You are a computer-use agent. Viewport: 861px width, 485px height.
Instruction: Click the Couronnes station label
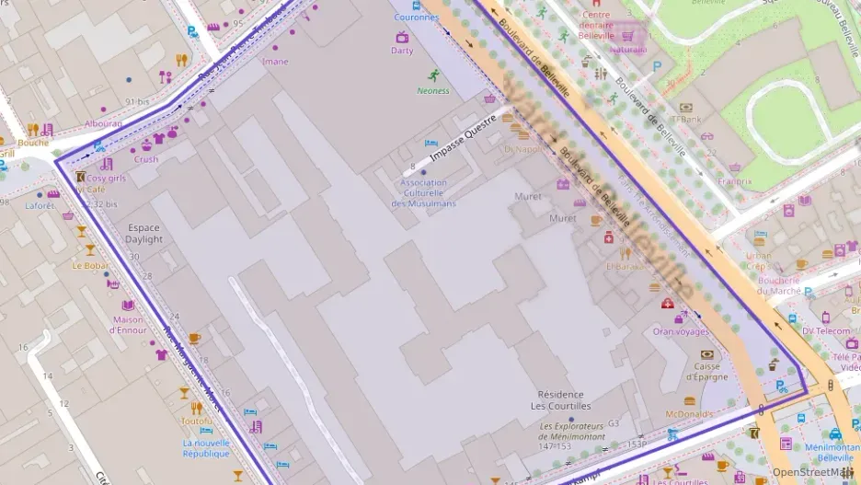(x=416, y=17)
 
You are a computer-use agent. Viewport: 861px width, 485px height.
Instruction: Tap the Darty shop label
(x=402, y=51)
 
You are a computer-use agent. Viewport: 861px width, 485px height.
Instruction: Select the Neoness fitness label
(x=433, y=90)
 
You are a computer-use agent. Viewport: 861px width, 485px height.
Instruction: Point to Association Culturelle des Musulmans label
(x=424, y=192)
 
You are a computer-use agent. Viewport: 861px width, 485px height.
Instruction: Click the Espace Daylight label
(x=144, y=234)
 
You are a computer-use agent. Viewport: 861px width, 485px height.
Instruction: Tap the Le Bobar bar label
(x=91, y=265)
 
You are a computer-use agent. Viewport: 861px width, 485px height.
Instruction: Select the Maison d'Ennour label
(x=129, y=325)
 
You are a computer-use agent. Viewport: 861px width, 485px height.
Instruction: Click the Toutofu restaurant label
(x=197, y=421)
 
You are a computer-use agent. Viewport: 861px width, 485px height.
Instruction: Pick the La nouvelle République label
(x=206, y=448)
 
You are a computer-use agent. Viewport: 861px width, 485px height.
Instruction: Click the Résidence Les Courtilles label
(x=564, y=400)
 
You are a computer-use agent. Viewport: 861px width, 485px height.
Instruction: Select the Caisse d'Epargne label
(x=706, y=371)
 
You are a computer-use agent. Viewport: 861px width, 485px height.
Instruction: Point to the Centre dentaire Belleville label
(x=596, y=25)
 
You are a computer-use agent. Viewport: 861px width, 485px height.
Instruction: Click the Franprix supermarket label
(x=734, y=181)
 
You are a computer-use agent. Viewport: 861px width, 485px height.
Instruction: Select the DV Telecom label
(x=826, y=330)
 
